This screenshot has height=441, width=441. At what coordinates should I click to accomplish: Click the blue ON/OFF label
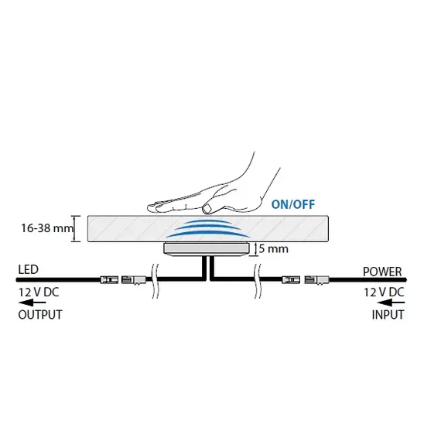(x=292, y=204)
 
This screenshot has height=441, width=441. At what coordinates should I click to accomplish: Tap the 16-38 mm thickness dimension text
(x=47, y=228)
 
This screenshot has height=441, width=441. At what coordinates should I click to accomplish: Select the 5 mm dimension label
(x=273, y=249)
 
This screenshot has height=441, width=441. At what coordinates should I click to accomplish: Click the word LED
(x=28, y=269)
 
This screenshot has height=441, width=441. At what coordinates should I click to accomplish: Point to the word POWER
(x=382, y=272)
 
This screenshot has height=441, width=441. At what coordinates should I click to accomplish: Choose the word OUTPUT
(x=40, y=315)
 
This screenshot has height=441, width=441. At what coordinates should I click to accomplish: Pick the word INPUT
(x=388, y=315)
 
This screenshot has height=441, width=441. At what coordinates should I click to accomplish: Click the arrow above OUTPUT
(x=32, y=303)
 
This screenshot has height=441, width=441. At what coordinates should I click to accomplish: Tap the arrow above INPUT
(x=391, y=303)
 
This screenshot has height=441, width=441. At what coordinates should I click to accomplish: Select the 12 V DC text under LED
(x=39, y=292)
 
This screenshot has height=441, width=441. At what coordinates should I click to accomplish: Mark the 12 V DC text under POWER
(x=384, y=292)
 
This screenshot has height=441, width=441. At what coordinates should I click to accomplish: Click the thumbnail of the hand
(x=207, y=209)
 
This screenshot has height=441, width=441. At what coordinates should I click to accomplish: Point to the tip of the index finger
(x=149, y=208)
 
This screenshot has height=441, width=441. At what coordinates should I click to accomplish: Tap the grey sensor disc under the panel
(x=207, y=249)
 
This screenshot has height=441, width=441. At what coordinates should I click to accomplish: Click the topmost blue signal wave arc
(x=208, y=221)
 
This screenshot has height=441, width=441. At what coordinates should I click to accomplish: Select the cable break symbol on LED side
(x=155, y=281)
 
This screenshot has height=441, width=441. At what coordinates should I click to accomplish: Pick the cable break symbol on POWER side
(x=258, y=281)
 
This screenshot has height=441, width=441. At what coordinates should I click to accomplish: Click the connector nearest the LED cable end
(x=109, y=280)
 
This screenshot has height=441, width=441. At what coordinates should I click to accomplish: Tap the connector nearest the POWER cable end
(x=316, y=280)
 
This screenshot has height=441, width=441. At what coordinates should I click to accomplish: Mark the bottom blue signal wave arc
(x=208, y=233)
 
